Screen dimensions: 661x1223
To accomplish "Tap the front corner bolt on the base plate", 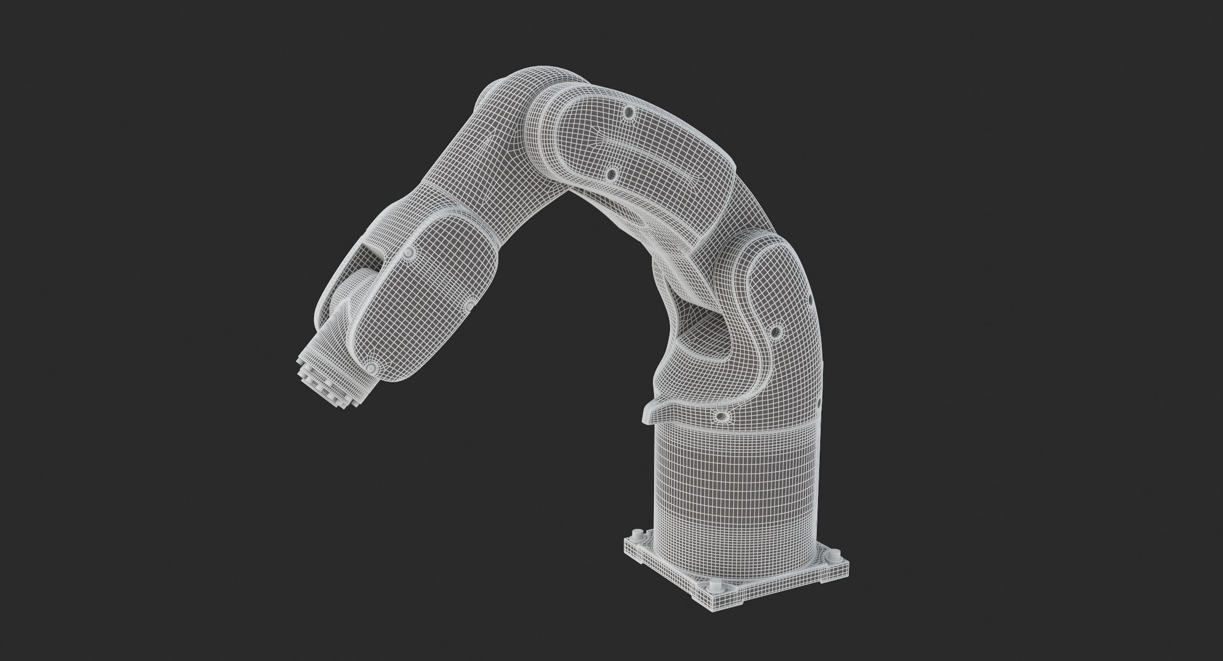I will pos(715,586).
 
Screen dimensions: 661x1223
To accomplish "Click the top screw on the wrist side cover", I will pos(408,252).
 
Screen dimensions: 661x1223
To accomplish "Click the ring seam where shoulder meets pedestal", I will pos(733,438).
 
